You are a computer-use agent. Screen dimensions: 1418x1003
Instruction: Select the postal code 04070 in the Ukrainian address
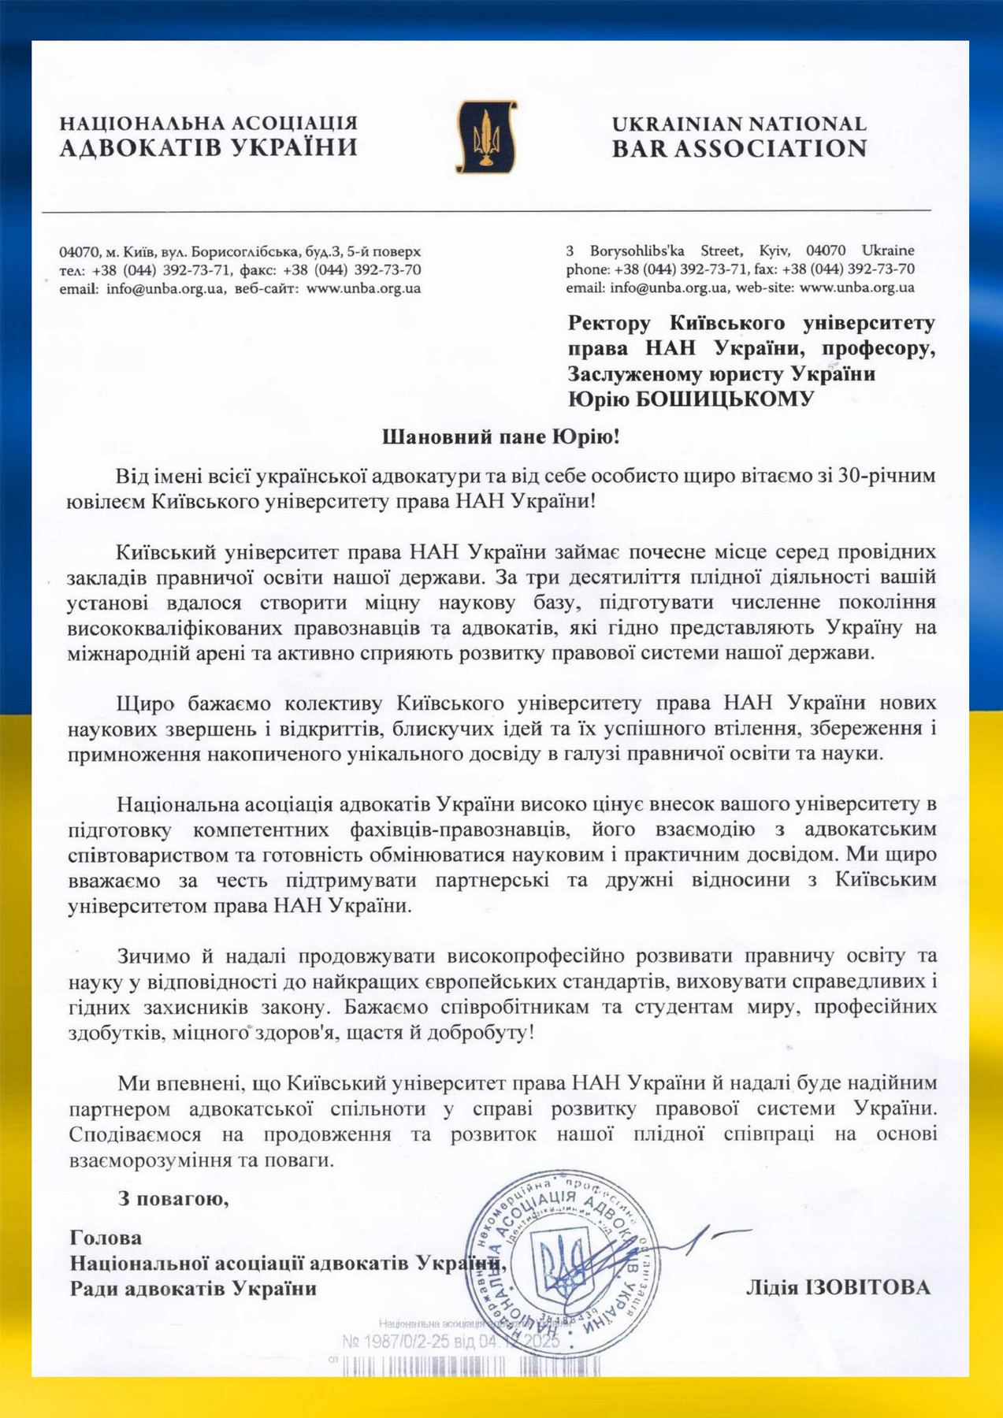tap(79, 252)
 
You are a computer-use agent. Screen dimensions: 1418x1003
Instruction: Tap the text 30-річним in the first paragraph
tap(892, 477)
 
